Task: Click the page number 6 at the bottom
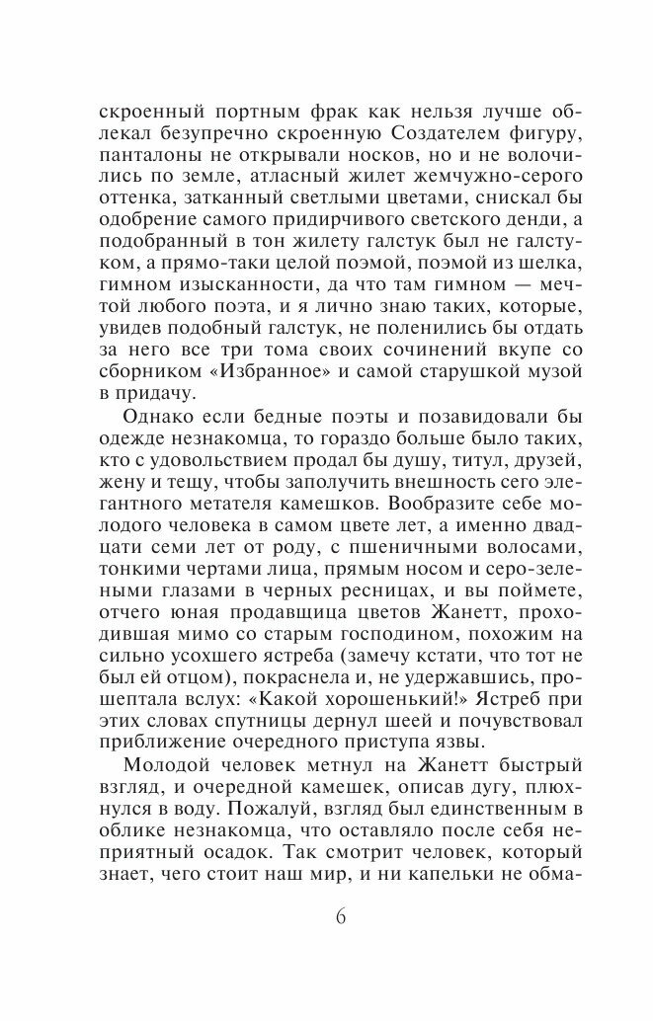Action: click(x=340, y=913)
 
